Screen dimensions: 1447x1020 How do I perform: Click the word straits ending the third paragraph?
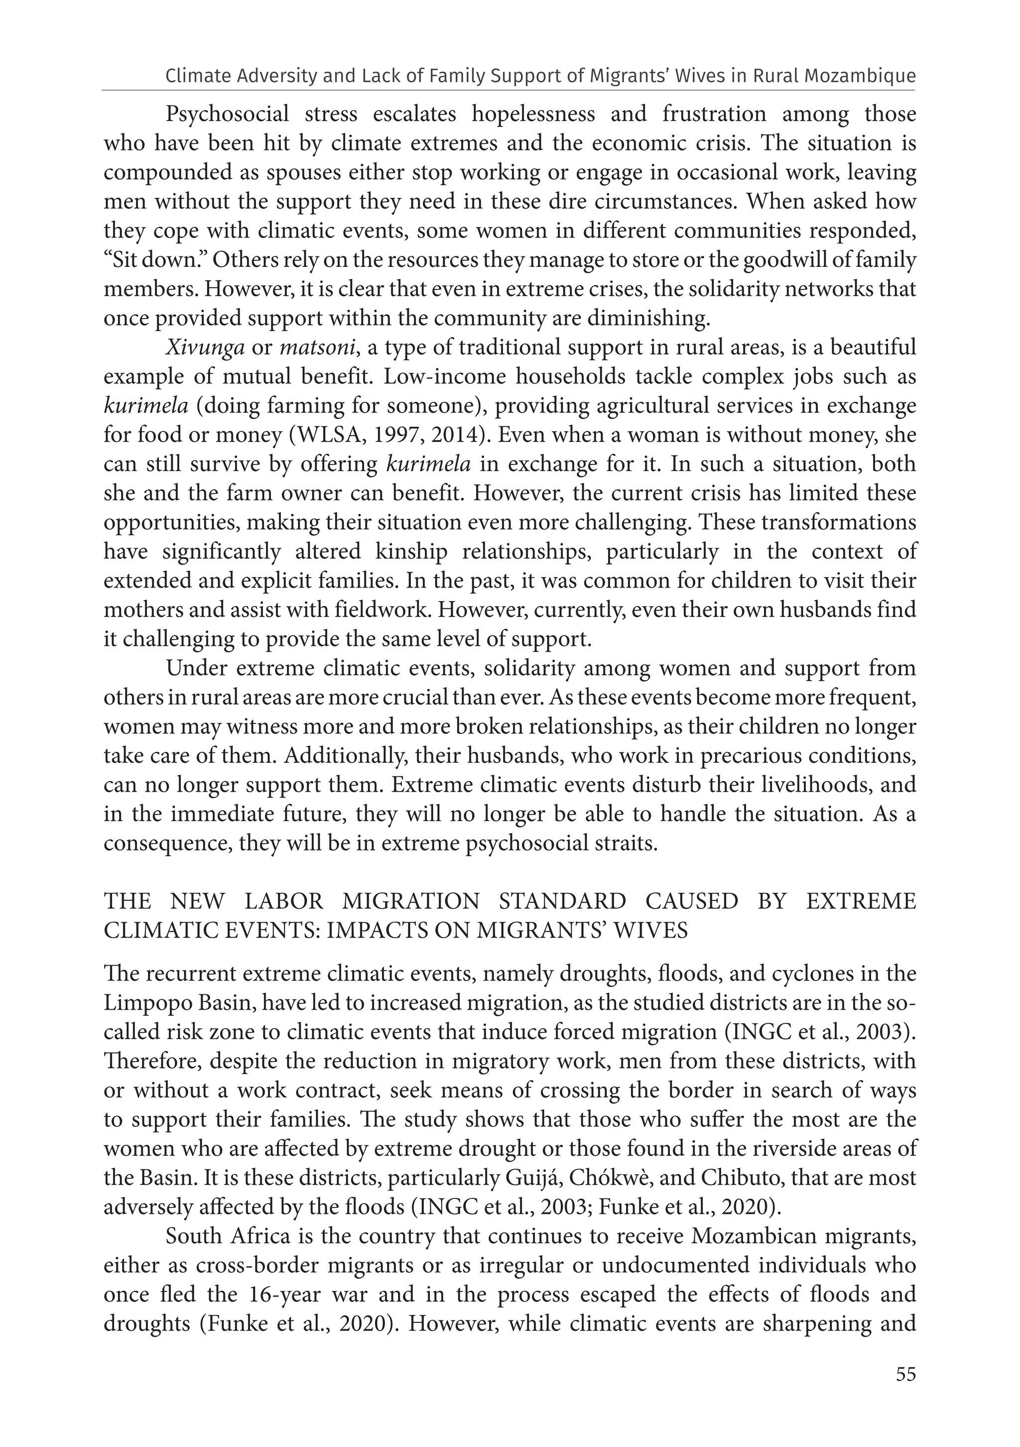624,843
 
